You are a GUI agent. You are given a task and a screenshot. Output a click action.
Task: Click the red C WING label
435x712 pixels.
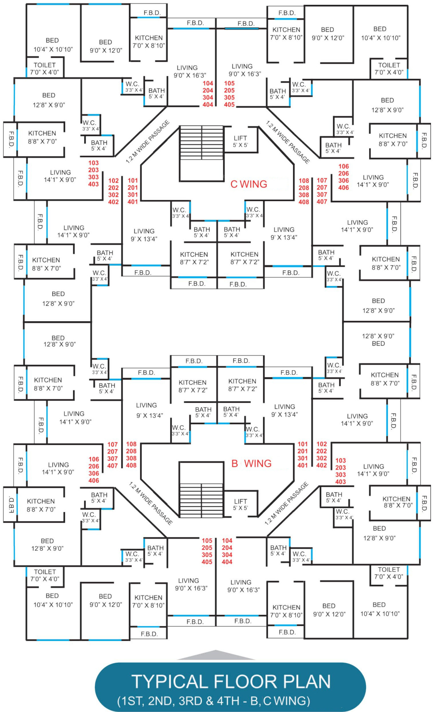249,184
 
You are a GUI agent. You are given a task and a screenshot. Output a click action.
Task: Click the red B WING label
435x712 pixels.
251,463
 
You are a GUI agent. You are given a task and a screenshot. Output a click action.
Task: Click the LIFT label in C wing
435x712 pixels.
240,138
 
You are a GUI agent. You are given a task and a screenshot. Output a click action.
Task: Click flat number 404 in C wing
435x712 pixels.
208,105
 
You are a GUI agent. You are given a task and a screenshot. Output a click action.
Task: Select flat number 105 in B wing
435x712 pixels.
207,541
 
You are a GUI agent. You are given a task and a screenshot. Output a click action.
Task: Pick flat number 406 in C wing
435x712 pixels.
344,188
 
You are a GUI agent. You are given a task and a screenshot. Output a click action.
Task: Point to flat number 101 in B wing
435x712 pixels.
303,444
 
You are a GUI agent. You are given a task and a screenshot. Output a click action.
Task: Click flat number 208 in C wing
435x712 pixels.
304,188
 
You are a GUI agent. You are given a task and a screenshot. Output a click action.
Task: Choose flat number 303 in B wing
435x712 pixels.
341,475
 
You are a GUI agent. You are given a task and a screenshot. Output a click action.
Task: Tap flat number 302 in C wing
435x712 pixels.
113,195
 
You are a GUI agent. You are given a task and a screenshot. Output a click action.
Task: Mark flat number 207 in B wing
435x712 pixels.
113,451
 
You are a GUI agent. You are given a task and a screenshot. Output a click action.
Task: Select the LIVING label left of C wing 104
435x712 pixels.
187,68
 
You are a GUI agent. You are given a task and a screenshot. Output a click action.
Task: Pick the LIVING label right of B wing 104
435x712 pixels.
241,582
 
